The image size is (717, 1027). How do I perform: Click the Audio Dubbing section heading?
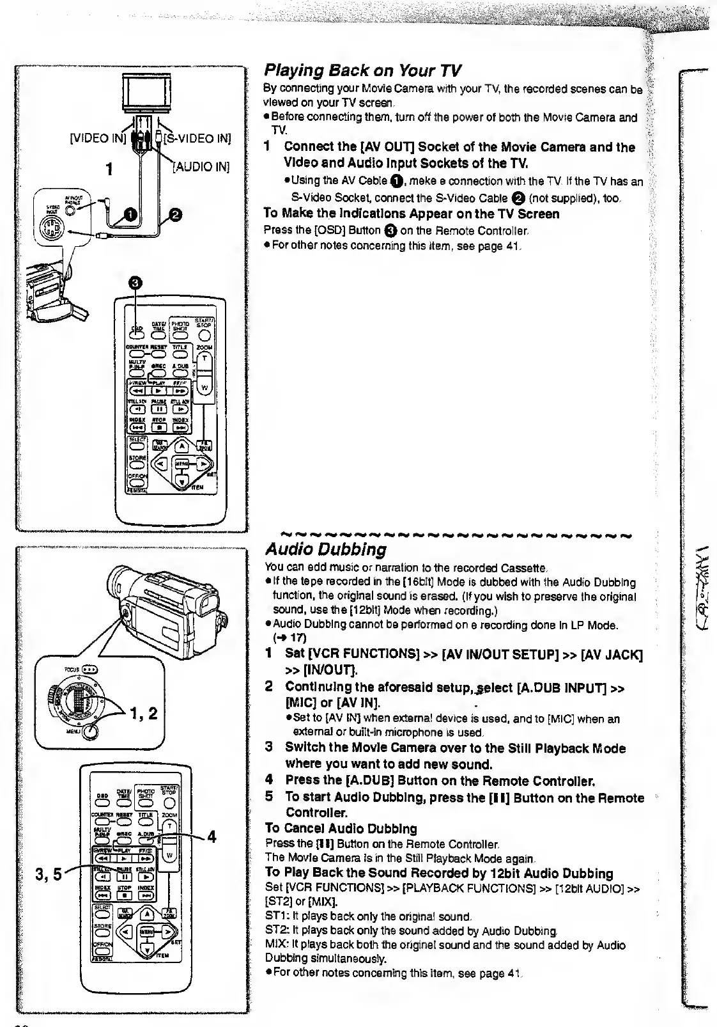point(326,549)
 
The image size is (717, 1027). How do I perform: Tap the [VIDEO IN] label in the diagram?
point(97,138)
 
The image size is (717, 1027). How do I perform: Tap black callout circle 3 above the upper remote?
point(136,284)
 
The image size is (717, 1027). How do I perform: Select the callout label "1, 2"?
point(144,712)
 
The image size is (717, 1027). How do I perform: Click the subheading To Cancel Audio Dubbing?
point(341,829)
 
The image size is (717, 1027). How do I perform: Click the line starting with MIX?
point(445,945)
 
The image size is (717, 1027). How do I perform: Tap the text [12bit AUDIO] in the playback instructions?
point(590,888)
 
